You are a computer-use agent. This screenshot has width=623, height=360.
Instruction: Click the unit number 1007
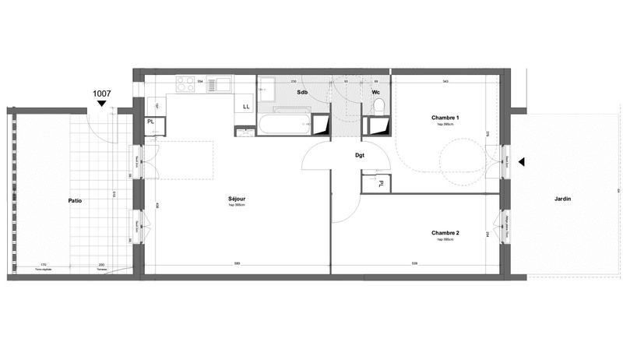(102, 94)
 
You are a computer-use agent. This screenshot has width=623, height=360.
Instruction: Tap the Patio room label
(75, 200)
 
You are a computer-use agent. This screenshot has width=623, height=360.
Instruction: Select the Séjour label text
(237, 199)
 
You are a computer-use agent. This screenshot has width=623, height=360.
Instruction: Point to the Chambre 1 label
(445, 118)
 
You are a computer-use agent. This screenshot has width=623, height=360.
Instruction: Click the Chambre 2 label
(445, 233)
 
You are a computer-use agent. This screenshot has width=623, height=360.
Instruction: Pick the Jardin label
(562, 199)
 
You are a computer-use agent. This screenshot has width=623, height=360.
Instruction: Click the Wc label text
(375, 93)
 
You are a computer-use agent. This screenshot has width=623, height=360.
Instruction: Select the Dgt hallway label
(360, 155)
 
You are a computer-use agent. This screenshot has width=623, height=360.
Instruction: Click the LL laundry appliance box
(246, 107)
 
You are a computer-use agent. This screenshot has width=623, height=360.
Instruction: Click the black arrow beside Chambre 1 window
(523, 162)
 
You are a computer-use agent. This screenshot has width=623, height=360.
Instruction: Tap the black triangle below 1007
(101, 104)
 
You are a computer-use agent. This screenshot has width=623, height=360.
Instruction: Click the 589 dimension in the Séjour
(237, 264)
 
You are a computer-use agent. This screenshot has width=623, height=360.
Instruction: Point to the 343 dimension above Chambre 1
(445, 80)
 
